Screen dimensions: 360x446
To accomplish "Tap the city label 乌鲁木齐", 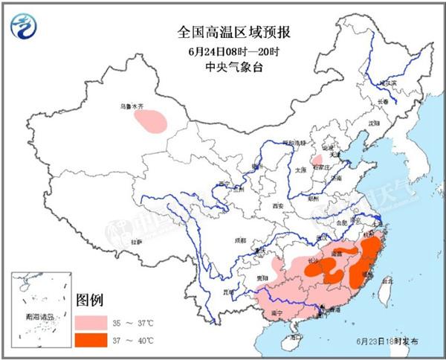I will pos(132,106).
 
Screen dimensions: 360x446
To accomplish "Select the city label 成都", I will pos(239,240).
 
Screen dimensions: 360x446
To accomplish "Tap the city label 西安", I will pos(278,205).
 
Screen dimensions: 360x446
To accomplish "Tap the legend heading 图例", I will pos(88,301).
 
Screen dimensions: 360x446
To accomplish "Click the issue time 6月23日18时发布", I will pos(392,340).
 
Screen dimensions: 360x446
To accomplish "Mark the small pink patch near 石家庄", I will pos(317,160).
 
